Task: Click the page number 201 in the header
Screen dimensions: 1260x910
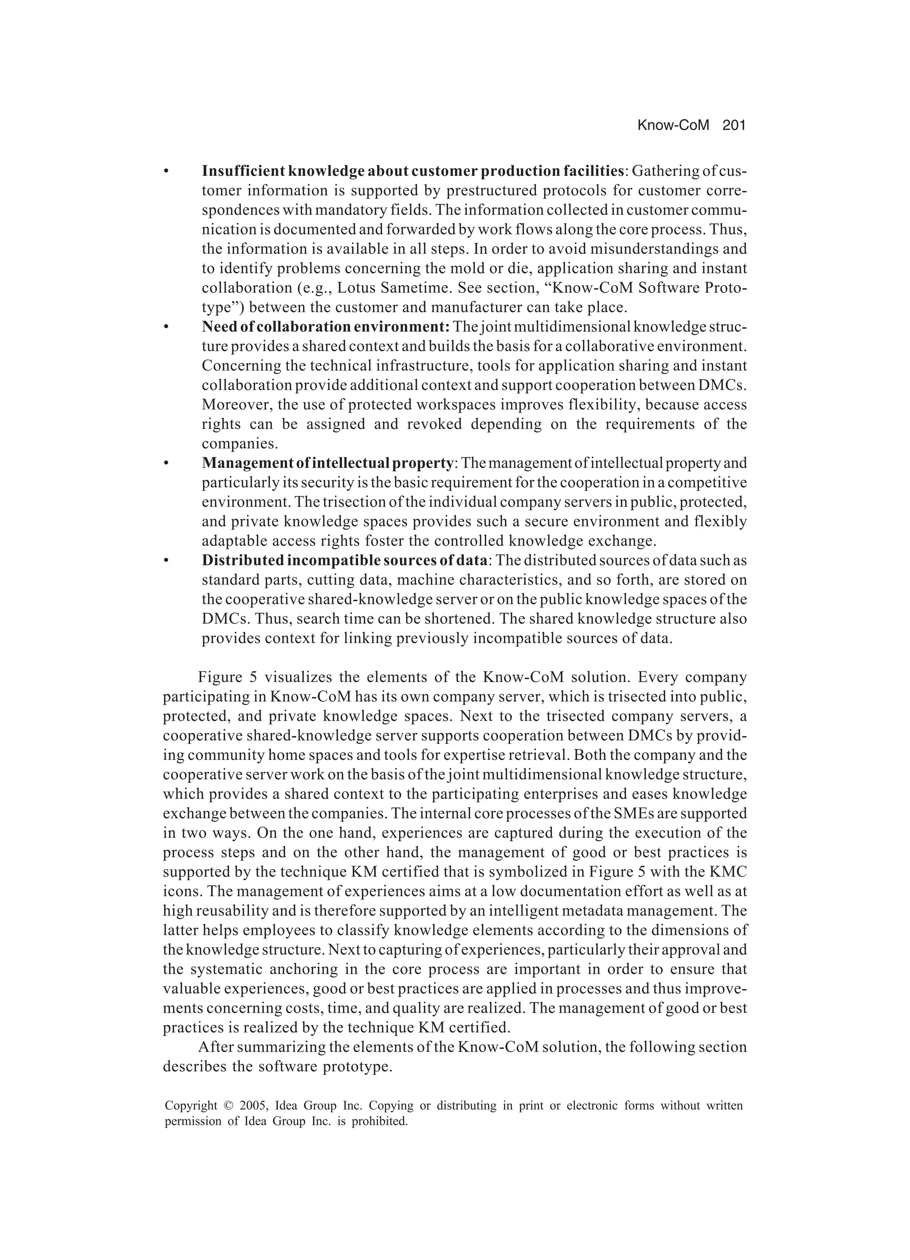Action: click(733, 126)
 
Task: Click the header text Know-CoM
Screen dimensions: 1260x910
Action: click(673, 126)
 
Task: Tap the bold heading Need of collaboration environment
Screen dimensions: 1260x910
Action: click(325, 327)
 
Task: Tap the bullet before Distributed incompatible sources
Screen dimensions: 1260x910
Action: click(166, 560)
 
